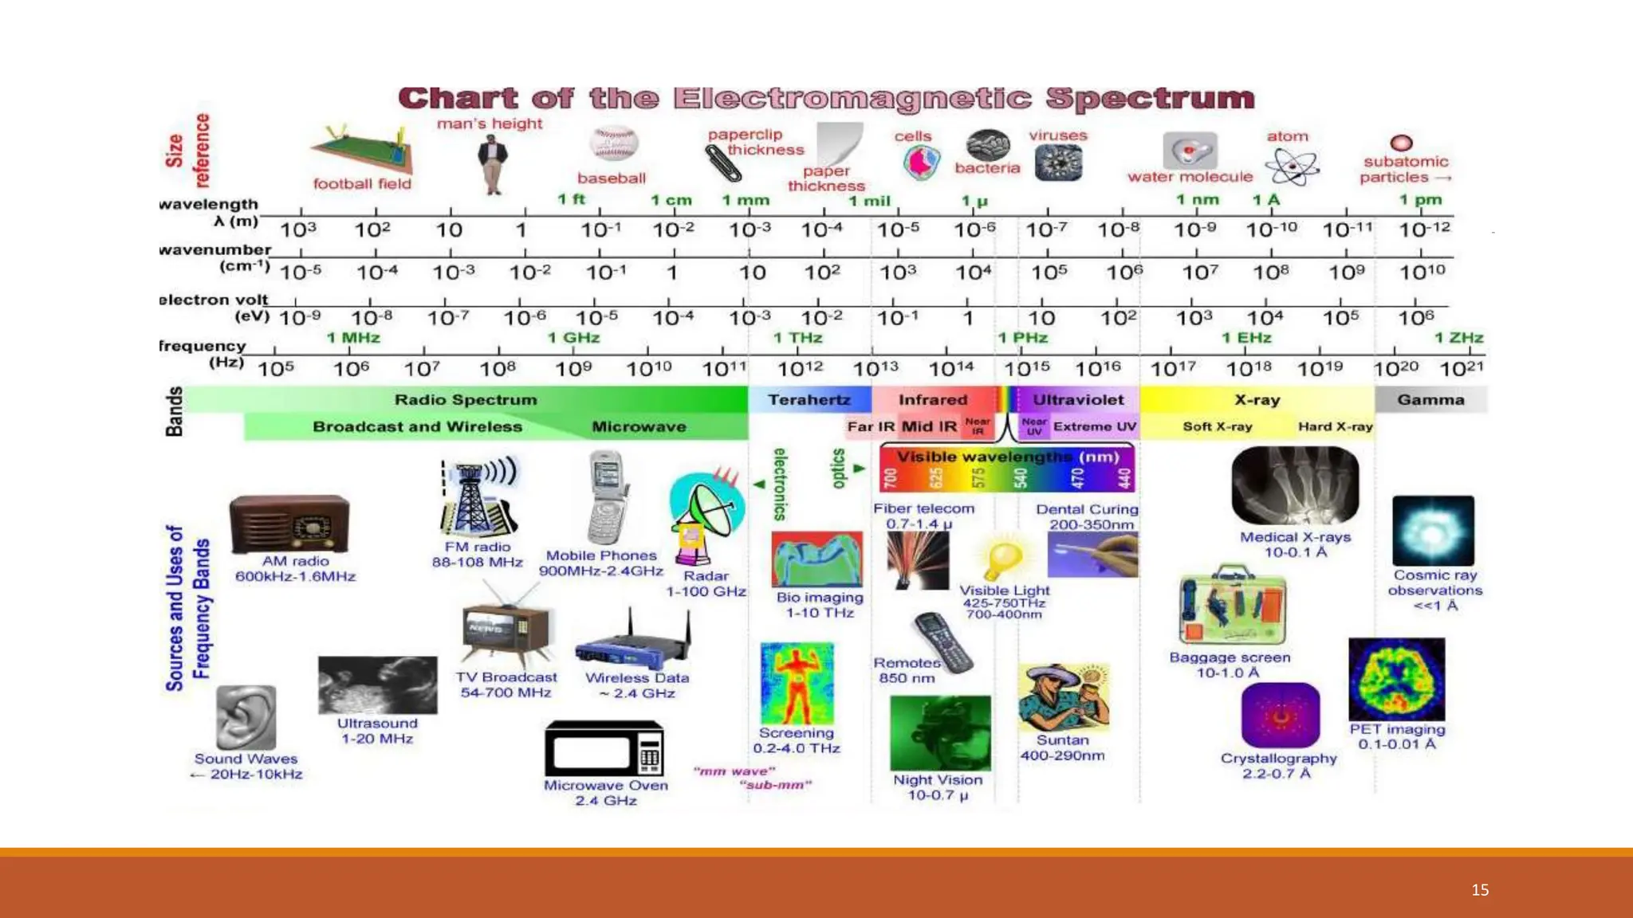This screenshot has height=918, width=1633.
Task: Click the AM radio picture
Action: coord(289,524)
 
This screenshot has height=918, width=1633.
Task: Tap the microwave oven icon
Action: coord(604,748)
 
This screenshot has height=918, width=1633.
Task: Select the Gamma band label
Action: coord(1430,400)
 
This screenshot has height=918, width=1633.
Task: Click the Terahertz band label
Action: coord(809,400)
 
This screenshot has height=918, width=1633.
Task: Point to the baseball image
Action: coord(613,144)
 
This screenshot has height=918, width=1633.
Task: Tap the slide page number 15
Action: coord(1480,890)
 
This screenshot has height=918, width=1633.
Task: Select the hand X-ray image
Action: coord(1295,485)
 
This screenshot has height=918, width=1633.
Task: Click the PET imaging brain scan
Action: coord(1396,679)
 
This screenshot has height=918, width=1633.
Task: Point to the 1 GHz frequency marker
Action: coord(573,338)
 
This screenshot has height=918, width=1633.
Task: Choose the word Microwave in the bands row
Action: coord(639,427)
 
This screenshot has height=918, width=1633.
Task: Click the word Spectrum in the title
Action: coord(1150,99)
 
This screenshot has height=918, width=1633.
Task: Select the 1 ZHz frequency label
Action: coord(1458,338)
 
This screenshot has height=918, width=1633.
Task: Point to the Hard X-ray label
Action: coord(1335,427)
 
